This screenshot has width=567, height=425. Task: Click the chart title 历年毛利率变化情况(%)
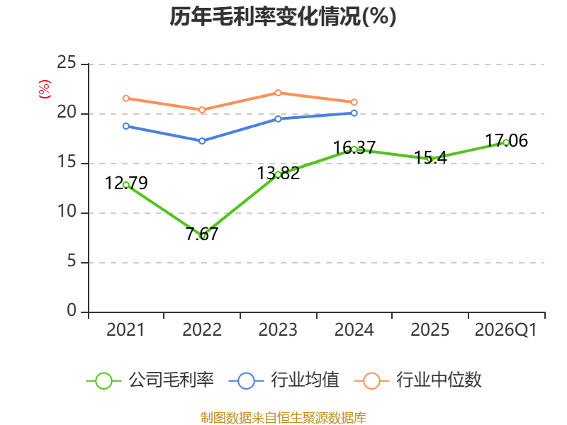pyautogui.click(x=283, y=16)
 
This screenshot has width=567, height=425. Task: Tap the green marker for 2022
pyautogui.click(x=202, y=236)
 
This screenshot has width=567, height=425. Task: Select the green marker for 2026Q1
pyautogui.click(x=506, y=143)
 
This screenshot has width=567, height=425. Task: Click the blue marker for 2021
pyautogui.click(x=126, y=126)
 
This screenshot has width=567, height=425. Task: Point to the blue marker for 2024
pyautogui.click(x=354, y=113)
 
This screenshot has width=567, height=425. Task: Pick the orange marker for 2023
pyautogui.click(x=278, y=93)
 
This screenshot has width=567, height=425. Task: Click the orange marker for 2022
pyautogui.click(x=202, y=110)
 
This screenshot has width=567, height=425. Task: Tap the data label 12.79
pyautogui.click(x=126, y=183)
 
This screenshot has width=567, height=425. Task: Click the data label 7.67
pyautogui.click(x=202, y=234)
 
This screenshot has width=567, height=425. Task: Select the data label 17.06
pyautogui.click(x=506, y=140)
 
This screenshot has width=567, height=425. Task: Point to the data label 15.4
pyautogui.click(x=430, y=157)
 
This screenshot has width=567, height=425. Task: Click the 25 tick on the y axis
pyautogui.click(x=67, y=63)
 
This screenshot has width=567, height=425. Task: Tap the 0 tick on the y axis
pyautogui.click(x=72, y=310)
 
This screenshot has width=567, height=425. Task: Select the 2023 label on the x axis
pyautogui.click(x=278, y=329)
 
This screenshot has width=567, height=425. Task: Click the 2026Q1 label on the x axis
pyautogui.click(x=506, y=329)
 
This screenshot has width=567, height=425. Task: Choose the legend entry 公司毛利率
pyautogui.click(x=150, y=380)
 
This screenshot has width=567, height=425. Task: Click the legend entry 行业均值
pyautogui.click(x=284, y=380)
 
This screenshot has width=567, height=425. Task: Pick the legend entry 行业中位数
pyautogui.click(x=417, y=380)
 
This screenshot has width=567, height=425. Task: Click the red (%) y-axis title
pyautogui.click(x=45, y=89)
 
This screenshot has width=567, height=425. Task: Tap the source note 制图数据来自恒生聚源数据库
pyautogui.click(x=283, y=417)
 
